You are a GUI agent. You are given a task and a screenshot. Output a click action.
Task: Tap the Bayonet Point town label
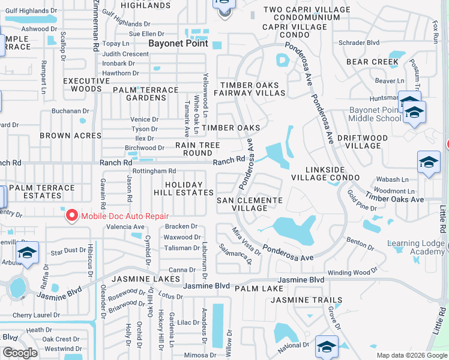click(178, 44)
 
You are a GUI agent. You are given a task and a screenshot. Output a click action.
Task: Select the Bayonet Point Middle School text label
click(376, 114)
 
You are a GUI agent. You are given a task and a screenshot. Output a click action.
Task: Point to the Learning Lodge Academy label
click(417, 247)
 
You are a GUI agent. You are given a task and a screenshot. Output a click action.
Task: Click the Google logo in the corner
click(20, 352)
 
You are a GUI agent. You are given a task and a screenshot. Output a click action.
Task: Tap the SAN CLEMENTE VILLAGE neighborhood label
click(249, 204)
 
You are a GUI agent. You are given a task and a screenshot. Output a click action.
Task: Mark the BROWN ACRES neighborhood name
click(71, 136)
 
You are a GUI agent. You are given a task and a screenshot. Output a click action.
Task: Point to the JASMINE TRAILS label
click(315, 300)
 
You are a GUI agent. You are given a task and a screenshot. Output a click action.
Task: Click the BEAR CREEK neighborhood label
click(372, 62)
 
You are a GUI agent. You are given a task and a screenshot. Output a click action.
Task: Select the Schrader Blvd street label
click(359, 43)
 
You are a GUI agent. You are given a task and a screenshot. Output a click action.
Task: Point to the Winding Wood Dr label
click(351, 272)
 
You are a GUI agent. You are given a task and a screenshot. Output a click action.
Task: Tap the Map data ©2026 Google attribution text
click(411, 355)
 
